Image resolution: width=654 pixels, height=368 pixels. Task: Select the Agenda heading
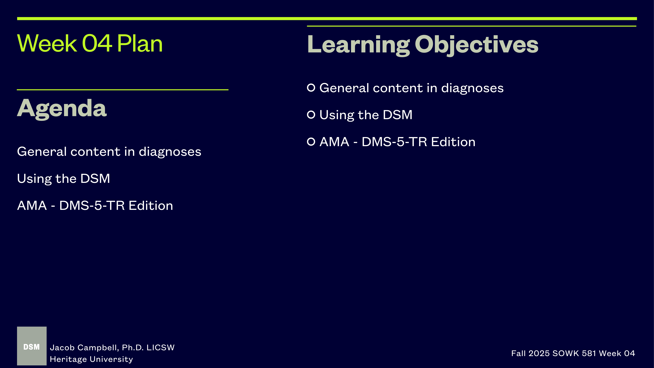pos(62,108)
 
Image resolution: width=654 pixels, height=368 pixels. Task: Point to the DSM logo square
pos(32,346)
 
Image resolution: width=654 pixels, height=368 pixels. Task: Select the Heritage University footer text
pos(91,359)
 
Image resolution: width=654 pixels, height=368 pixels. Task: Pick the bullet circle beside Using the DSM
pos(311,115)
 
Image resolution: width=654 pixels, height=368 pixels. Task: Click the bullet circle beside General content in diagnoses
pos(311,88)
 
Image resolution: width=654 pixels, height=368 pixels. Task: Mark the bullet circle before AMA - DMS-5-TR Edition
pos(311,142)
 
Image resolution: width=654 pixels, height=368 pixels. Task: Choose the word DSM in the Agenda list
pos(95,179)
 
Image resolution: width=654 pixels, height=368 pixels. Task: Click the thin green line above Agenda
pos(123,90)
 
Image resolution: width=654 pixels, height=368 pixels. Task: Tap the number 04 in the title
pos(97,44)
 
